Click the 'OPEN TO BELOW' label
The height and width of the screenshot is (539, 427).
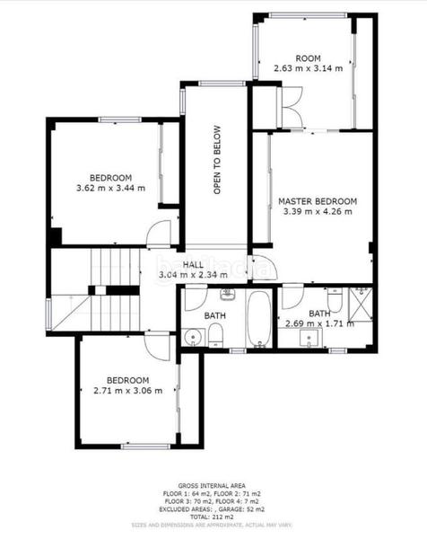(217, 172)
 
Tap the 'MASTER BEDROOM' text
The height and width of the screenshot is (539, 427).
(317, 201)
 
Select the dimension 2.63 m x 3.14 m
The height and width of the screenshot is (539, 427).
(308, 67)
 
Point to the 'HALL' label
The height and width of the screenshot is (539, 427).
(193, 264)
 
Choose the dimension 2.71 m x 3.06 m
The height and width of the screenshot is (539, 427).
(127, 391)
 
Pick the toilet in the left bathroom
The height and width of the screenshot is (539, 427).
(215, 335)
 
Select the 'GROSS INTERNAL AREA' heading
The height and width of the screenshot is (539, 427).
(213, 485)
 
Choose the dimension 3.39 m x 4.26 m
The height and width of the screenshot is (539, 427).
(317, 212)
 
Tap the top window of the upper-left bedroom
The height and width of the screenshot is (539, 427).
(119, 119)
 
